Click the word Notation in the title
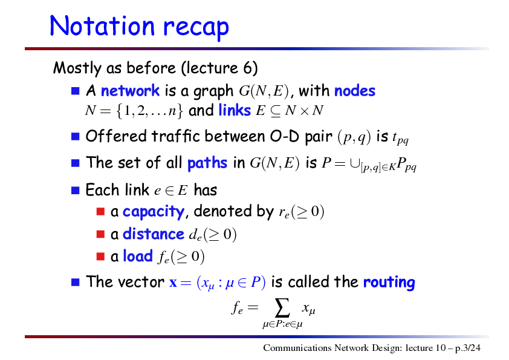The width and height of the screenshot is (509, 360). (x=102, y=25)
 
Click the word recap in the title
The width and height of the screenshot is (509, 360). (x=196, y=28)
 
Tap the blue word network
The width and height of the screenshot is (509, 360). (x=130, y=91)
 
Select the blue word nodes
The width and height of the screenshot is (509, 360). (x=354, y=91)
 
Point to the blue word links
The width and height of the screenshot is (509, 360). (x=235, y=110)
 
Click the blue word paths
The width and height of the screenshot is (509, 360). (x=207, y=163)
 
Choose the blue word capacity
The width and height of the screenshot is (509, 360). (x=154, y=212)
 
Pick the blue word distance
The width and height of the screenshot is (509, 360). (x=153, y=234)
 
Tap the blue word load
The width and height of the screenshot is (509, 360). (x=138, y=256)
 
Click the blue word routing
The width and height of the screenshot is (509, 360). (x=389, y=282)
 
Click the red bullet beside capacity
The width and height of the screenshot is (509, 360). (x=100, y=212)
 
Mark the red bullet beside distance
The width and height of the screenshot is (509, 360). (x=100, y=234)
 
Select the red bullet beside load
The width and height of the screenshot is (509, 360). (x=100, y=257)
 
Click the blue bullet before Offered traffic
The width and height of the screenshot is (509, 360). (x=76, y=136)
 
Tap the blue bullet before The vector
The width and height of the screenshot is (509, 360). (x=76, y=282)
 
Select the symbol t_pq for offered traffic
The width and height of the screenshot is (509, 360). (x=400, y=138)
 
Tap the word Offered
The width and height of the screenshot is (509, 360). (x=116, y=136)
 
